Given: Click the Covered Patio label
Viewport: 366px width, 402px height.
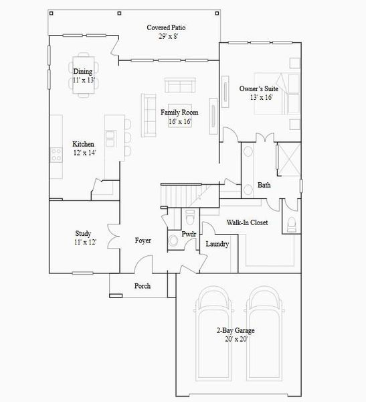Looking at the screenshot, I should (166, 27).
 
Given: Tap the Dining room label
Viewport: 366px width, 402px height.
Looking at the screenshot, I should (83, 72).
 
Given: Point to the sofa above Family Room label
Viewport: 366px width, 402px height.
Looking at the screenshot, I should (179, 86).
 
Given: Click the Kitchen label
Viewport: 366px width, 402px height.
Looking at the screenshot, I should (84, 144).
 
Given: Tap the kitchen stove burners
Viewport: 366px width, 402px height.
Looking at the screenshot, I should (56, 156).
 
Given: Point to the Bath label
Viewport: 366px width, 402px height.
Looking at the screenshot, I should (264, 186).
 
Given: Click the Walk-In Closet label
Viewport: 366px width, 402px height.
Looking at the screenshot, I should (247, 222).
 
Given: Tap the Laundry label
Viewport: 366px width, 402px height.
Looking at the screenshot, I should (217, 244).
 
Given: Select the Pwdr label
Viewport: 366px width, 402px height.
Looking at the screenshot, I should (188, 234).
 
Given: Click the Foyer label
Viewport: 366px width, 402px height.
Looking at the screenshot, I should (143, 240).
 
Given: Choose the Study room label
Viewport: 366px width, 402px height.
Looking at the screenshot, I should (83, 234).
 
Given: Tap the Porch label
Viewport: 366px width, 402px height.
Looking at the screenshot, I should (142, 286).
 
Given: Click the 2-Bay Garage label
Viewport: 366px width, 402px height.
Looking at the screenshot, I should (235, 330).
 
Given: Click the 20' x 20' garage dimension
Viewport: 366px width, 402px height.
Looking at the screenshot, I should (235, 339).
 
